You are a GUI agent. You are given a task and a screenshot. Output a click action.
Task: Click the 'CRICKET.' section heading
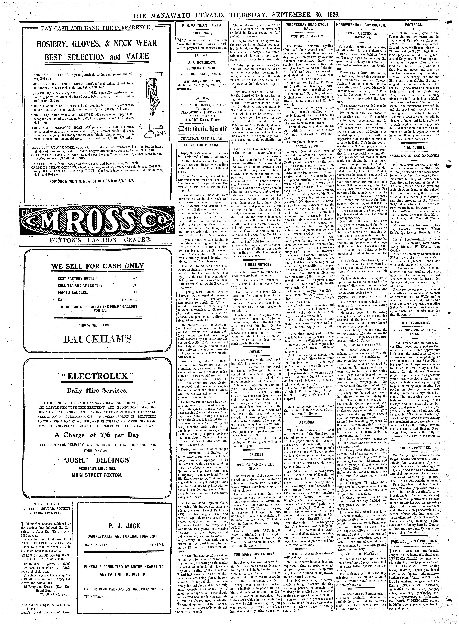[256, 454]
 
